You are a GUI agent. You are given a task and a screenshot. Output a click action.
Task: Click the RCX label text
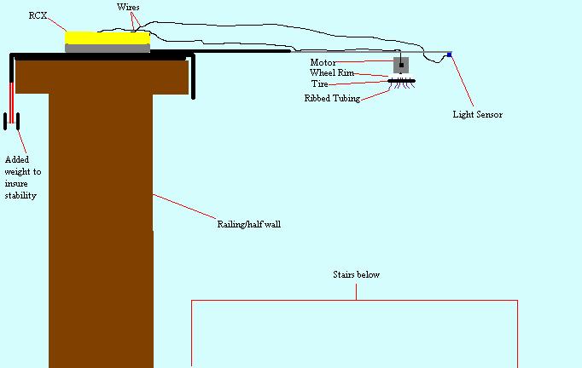click(37, 15)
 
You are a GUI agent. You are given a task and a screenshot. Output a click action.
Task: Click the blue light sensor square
click(449, 55)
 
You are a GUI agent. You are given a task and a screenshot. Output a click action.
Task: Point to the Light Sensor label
click(477, 114)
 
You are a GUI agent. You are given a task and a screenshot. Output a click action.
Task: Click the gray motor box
click(399, 65)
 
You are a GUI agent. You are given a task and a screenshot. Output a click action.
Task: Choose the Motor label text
click(323, 62)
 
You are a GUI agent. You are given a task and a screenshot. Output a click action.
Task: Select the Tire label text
click(318, 84)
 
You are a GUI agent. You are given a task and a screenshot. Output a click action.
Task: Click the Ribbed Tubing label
click(332, 98)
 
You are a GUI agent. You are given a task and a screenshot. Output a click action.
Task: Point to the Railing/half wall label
click(248, 224)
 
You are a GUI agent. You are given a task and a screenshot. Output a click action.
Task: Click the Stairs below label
click(356, 275)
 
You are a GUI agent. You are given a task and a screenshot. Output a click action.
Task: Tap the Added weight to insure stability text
click(22, 177)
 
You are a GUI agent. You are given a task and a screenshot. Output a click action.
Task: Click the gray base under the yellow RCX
click(108, 49)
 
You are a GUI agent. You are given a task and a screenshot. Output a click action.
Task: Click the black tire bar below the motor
click(401, 80)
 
